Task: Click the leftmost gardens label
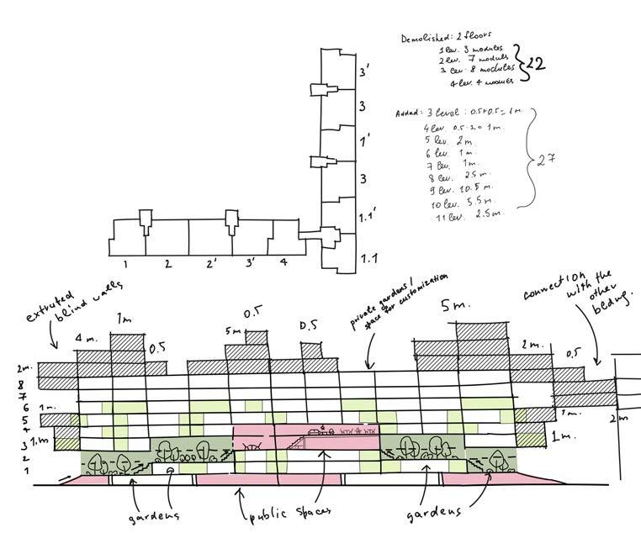154,513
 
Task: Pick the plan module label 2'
211,264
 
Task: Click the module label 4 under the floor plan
283,261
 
